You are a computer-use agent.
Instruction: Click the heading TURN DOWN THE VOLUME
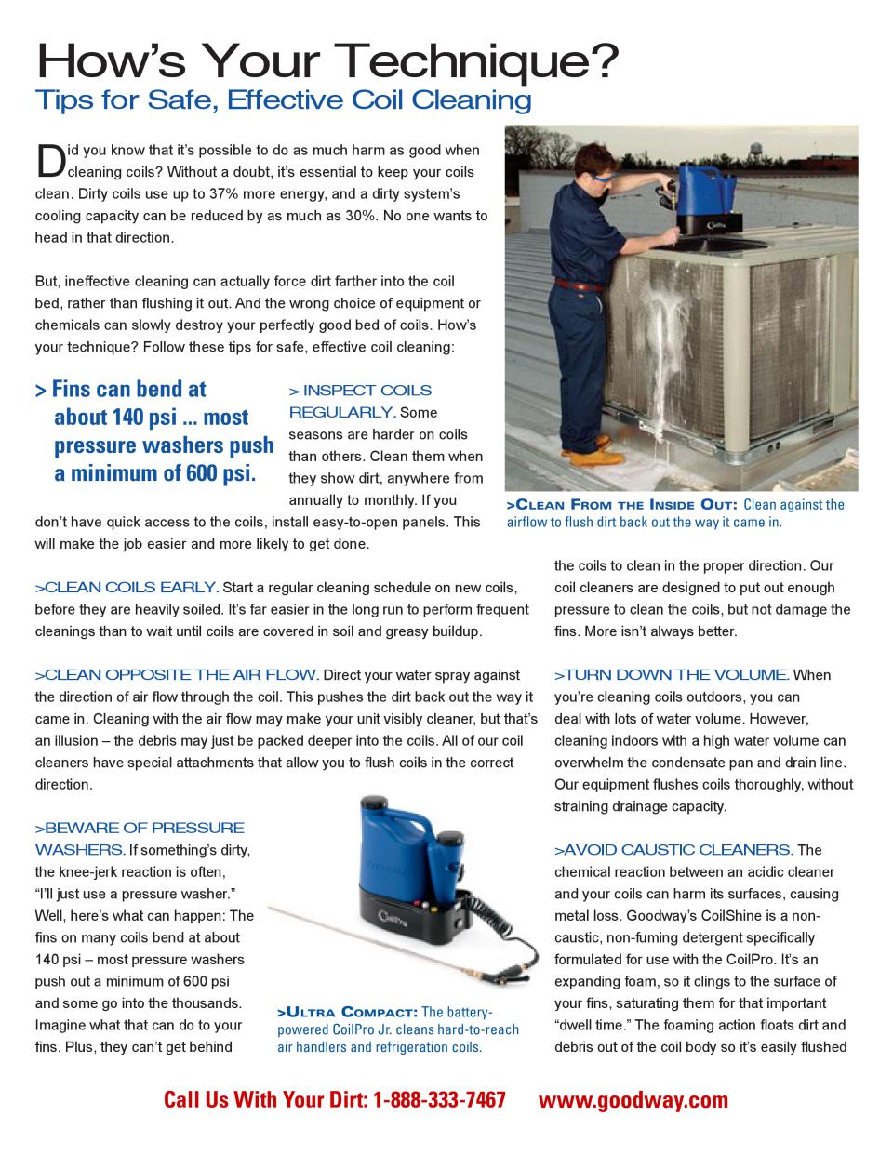pyautogui.click(x=673, y=675)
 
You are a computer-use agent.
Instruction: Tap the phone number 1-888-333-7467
pyautogui.click(x=439, y=1100)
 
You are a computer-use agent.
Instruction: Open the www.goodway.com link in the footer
pyautogui.click(x=633, y=1100)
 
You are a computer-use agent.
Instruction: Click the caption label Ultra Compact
pyautogui.click(x=348, y=1012)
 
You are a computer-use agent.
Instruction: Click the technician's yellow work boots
pyautogui.click(x=584, y=457)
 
